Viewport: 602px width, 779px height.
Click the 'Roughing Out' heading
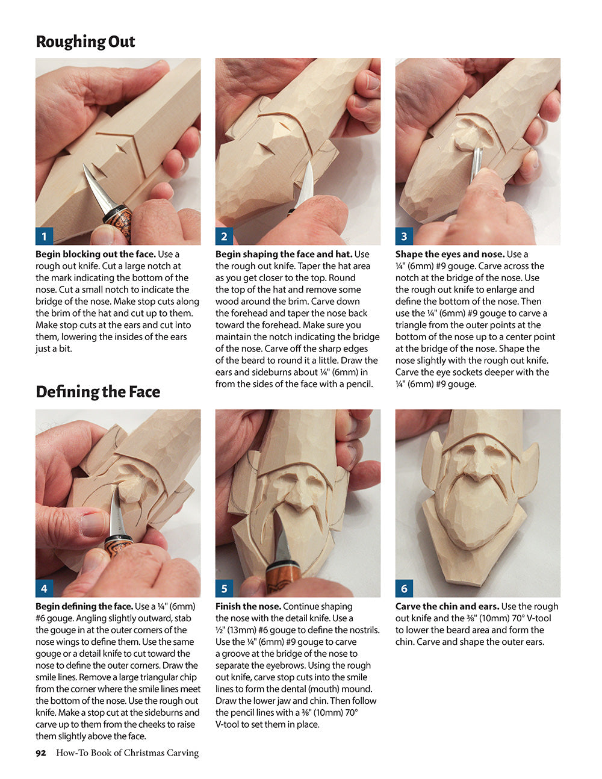[x=85, y=42]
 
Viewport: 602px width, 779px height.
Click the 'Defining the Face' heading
[x=98, y=392]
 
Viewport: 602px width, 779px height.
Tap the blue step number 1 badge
[x=44, y=236]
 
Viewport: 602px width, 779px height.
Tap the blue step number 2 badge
[x=224, y=236]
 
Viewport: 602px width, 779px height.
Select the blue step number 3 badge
[x=404, y=236]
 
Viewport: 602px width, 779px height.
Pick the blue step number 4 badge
[x=44, y=588]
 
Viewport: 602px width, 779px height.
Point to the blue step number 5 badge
[x=224, y=588]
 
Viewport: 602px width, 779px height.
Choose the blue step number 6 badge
[x=404, y=588]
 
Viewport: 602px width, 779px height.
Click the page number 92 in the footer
[x=40, y=753]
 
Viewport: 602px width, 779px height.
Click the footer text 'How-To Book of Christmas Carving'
[x=127, y=753]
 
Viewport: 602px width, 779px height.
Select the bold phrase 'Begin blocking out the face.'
[x=95, y=254]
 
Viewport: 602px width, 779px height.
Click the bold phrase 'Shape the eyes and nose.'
[x=450, y=254]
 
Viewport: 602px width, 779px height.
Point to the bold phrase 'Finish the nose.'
[x=248, y=606]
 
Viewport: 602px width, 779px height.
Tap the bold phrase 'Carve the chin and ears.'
[x=447, y=606]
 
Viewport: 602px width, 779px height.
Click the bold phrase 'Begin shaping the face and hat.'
[x=284, y=254]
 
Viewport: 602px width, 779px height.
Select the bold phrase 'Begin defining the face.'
[x=84, y=606]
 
